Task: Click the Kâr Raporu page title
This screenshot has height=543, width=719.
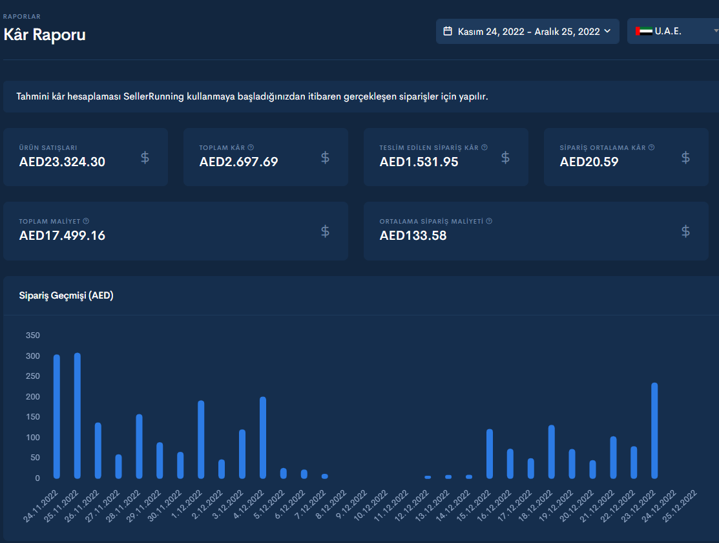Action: tap(45, 35)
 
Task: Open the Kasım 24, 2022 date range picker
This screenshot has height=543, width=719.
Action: tap(527, 31)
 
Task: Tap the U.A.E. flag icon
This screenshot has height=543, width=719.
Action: tap(644, 31)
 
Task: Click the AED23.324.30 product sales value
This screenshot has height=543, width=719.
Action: tap(63, 162)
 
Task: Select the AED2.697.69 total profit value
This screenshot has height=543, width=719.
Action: tap(239, 162)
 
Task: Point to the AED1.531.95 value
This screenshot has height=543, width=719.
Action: tap(419, 162)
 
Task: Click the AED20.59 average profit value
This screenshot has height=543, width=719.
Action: tap(589, 162)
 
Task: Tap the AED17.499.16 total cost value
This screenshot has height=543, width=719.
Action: tap(63, 235)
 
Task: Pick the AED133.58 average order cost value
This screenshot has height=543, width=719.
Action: tap(413, 235)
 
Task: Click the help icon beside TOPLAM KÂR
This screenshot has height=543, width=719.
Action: tap(251, 147)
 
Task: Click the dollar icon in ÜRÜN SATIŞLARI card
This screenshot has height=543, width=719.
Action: tap(145, 158)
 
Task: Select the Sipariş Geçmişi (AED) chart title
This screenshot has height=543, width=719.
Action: tap(66, 295)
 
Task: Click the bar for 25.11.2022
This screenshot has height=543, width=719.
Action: tap(78, 416)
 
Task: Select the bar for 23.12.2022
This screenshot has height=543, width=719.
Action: tap(654, 431)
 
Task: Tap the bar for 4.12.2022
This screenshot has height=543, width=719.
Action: tap(263, 438)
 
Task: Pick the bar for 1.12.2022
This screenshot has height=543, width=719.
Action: tap(201, 440)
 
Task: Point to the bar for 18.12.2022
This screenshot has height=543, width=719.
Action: tap(552, 452)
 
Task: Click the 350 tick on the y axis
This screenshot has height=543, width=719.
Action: tap(33, 335)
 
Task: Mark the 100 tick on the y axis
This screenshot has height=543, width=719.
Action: tap(33, 438)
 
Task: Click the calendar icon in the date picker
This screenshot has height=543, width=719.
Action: tap(448, 31)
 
